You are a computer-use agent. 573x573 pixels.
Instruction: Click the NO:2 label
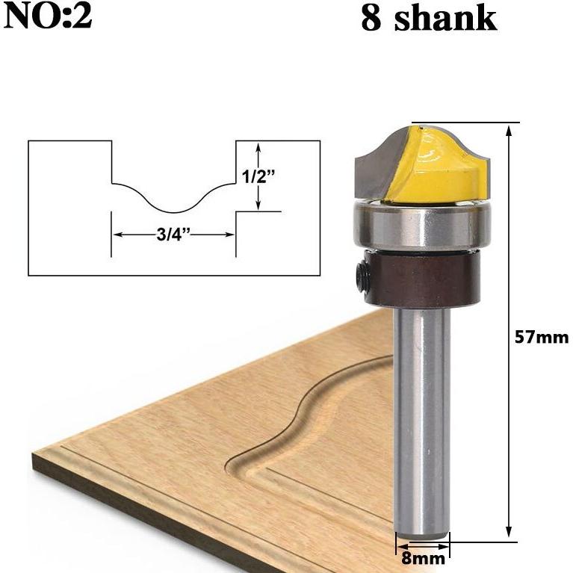48,17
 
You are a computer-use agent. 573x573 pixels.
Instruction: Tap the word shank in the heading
445,18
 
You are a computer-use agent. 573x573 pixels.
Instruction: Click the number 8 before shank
371,19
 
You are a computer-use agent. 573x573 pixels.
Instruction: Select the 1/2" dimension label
258,176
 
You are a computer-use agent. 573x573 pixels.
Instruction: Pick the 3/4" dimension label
173,235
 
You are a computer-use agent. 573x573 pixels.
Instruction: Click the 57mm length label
542,337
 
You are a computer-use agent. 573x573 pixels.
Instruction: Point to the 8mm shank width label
423,558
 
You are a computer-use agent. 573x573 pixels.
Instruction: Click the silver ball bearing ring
422,226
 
